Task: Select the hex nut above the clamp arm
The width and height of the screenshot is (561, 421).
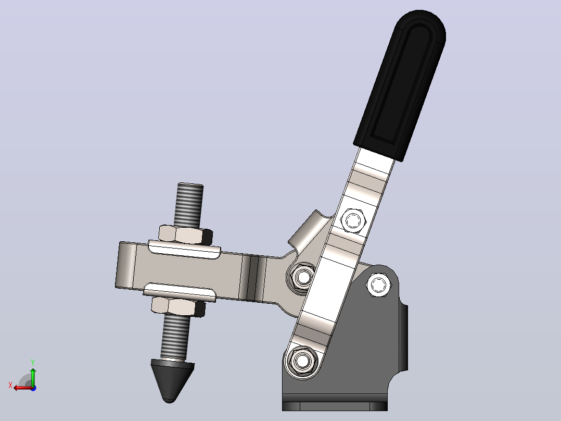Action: [185, 235]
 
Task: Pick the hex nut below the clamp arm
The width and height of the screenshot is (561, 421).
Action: [178, 306]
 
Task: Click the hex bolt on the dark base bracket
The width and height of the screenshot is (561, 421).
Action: [378, 285]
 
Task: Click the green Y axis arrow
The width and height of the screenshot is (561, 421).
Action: [33, 377]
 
